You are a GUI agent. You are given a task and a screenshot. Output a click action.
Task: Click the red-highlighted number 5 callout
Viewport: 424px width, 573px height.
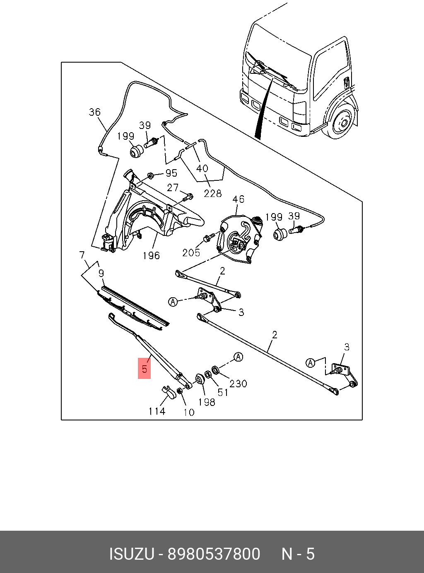point(144,368)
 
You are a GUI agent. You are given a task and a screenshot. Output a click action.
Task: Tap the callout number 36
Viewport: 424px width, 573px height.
point(95,112)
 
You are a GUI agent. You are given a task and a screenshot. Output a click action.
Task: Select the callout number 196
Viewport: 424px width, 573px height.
point(151,256)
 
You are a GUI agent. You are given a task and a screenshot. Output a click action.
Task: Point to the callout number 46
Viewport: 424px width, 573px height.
point(238,199)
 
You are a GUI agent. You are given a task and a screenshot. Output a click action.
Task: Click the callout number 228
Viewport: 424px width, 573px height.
point(213,193)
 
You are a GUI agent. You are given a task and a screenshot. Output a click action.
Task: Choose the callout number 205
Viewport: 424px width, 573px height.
point(191,253)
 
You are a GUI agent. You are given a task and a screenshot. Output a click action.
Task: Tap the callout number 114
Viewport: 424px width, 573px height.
point(157,411)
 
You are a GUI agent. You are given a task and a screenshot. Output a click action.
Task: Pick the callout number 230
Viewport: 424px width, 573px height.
point(238,384)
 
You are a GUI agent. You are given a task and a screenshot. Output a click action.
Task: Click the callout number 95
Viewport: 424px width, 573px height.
point(171,173)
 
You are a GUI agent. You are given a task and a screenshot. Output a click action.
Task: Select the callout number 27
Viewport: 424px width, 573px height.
point(173,187)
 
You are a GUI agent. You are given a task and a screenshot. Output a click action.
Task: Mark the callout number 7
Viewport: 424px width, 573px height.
point(82,255)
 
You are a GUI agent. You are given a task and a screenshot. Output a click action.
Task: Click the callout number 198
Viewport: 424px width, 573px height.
point(206,402)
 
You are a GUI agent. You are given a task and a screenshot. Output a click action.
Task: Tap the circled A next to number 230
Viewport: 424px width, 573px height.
point(238,357)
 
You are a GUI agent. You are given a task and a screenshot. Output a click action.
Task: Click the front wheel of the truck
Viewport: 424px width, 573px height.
point(342,123)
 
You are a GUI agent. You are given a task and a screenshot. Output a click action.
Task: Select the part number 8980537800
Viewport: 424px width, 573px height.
point(214,554)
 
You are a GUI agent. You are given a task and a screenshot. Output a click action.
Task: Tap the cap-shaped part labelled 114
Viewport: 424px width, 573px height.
point(167,391)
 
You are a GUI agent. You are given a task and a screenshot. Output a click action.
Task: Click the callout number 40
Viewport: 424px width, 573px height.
point(202,169)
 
